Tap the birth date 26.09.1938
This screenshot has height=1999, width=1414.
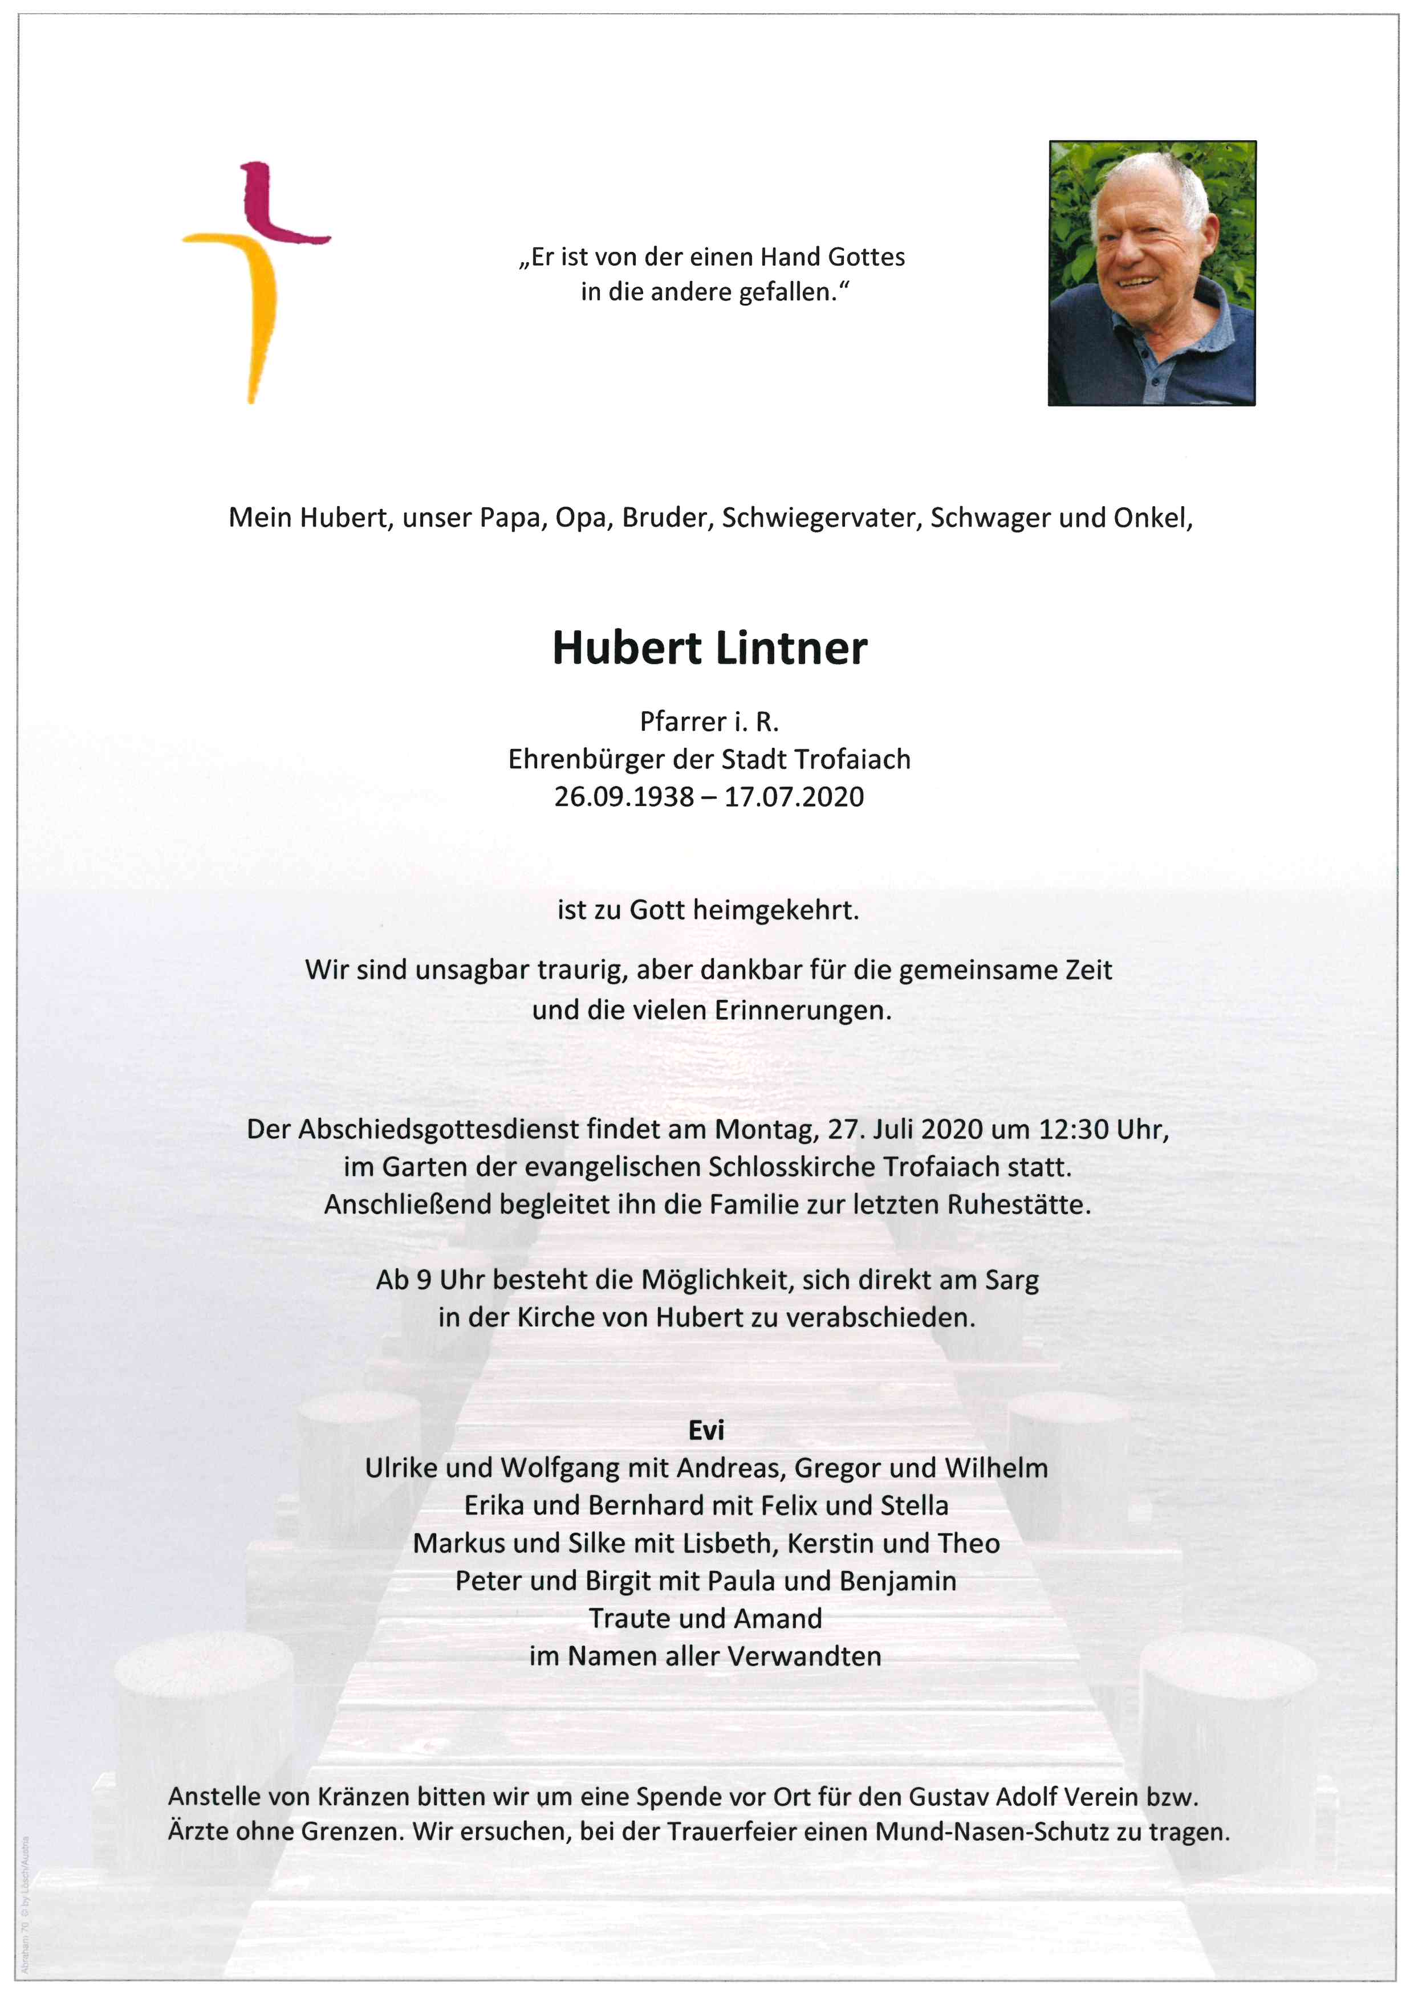pyautogui.click(x=623, y=797)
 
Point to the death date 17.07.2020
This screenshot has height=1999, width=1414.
pyautogui.click(x=794, y=797)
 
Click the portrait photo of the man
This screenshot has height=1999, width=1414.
pyautogui.click(x=1151, y=274)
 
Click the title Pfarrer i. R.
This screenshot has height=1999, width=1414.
pyautogui.click(x=709, y=722)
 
